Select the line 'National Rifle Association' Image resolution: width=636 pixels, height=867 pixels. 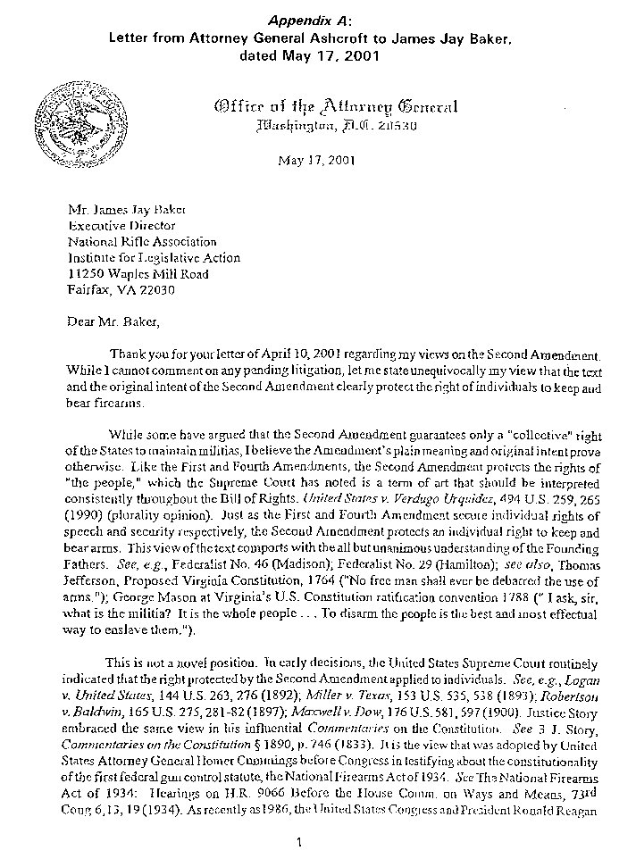tap(142, 242)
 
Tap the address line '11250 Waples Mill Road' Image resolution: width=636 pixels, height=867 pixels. tap(139, 274)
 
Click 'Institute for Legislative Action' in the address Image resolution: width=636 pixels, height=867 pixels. tap(155, 258)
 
